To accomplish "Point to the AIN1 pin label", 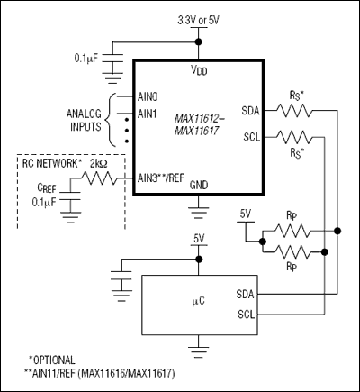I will click(148, 114).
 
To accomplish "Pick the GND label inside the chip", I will click(199, 184).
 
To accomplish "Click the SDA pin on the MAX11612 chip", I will click(251, 111).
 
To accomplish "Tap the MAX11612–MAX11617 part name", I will click(204, 122).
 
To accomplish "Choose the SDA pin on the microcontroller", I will click(245, 295).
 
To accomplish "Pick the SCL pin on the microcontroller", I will click(245, 314).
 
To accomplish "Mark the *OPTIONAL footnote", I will click(51, 359).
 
